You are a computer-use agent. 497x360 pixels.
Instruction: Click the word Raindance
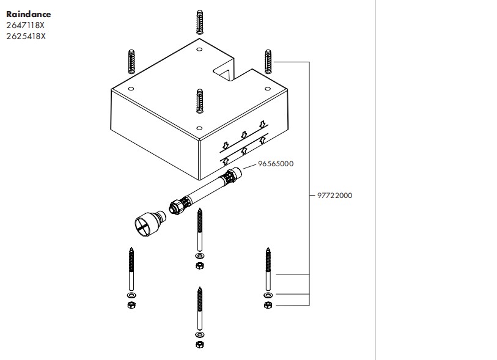(29, 14)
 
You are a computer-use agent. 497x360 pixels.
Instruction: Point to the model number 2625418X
(26, 36)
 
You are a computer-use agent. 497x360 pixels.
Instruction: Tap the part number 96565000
(276, 164)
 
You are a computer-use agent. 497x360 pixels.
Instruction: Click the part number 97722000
(334, 196)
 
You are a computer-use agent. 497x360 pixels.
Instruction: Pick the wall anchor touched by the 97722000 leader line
(267, 61)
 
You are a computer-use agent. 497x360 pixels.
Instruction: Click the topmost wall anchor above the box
(199, 24)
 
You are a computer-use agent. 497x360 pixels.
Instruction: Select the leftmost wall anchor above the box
(131, 62)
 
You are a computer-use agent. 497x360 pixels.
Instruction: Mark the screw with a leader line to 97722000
(267, 272)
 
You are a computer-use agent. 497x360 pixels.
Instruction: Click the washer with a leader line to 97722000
(267, 295)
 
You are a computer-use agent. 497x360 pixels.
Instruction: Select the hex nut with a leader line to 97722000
(267, 304)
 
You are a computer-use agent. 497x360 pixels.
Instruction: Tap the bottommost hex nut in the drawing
(199, 345)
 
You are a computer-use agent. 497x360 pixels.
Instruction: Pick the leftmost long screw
(130, 271)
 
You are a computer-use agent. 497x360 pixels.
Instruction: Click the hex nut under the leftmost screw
(130, 304)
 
